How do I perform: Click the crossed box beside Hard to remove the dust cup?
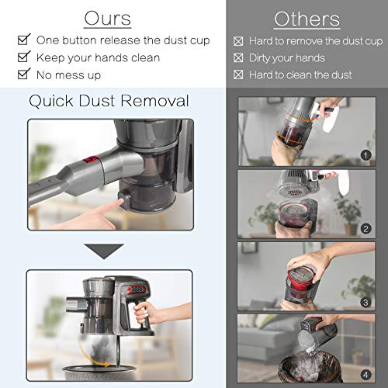(x=239, y=40)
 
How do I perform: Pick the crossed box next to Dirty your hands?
(x=239, y=57)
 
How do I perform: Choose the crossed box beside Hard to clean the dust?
(x=239, y=74)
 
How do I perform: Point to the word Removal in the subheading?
(x=154, y=100)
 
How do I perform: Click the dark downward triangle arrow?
(x=106, y=250)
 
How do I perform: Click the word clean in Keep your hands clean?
(x=141, y=57)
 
